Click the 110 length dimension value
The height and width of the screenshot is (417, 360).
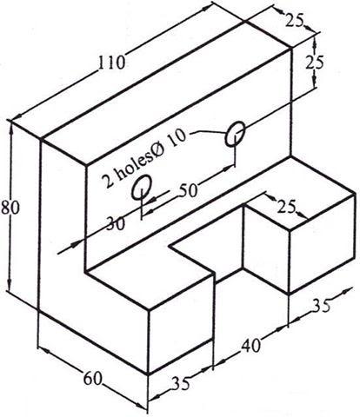pyautogui.click(x=111, y=63)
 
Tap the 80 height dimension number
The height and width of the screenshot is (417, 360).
pyautogui.click(x=10, y=208)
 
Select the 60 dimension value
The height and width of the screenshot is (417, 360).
pyautogui.click(x=93, y=379)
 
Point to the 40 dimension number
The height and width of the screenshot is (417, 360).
pyautogui.click(x=250, y=346)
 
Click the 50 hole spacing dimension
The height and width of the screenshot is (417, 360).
pyautogui.click(x=188, y=191)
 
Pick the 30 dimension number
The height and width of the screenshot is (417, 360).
pyautogui.click(x=116, y=223)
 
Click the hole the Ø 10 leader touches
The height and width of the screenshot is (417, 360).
pyautogui.click(x=236, y=133)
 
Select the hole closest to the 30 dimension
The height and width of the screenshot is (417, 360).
pyautogui.click(x=142, y=187)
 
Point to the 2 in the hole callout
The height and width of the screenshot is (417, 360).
pyautogui.click(x=108, y=182)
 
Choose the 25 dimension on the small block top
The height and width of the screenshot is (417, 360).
pyautogui.click(x=286, y=207)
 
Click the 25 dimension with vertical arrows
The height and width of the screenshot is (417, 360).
pyautogui.click(x=314, y=62)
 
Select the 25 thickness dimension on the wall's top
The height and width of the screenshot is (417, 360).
pyautogui.click(x=294, y=21)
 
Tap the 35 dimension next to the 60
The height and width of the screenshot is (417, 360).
pyautogui.click(x=181, y=384)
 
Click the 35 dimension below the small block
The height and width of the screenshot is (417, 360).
pyautogui.click(x=321, y=305)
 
